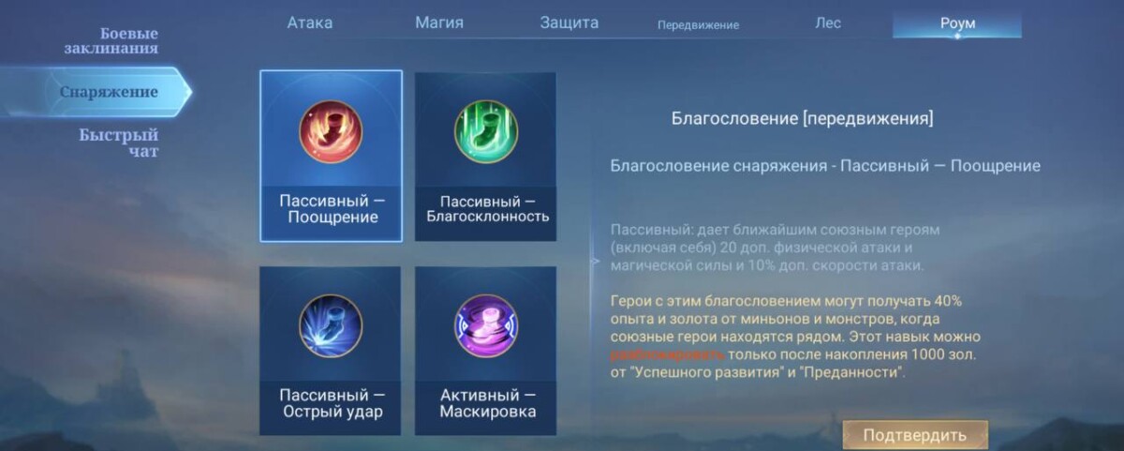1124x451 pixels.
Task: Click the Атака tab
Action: click(309, 23)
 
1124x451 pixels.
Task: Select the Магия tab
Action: click(438, 23)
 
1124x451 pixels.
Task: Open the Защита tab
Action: click(569, 23)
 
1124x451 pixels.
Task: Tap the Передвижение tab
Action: click(698, 24)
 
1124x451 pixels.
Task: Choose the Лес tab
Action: click(828, 23)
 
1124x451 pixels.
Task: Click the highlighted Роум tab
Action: click(956, 23)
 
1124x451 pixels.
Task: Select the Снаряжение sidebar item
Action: click(109, 92)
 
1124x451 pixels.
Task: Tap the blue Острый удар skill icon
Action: click(331, 325)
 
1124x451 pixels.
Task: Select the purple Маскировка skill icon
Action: click(485, 325)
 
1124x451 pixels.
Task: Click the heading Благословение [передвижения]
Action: click(802, 119)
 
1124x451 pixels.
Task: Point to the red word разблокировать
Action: click(667, 354)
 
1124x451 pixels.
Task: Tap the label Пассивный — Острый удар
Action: click(332, 403)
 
